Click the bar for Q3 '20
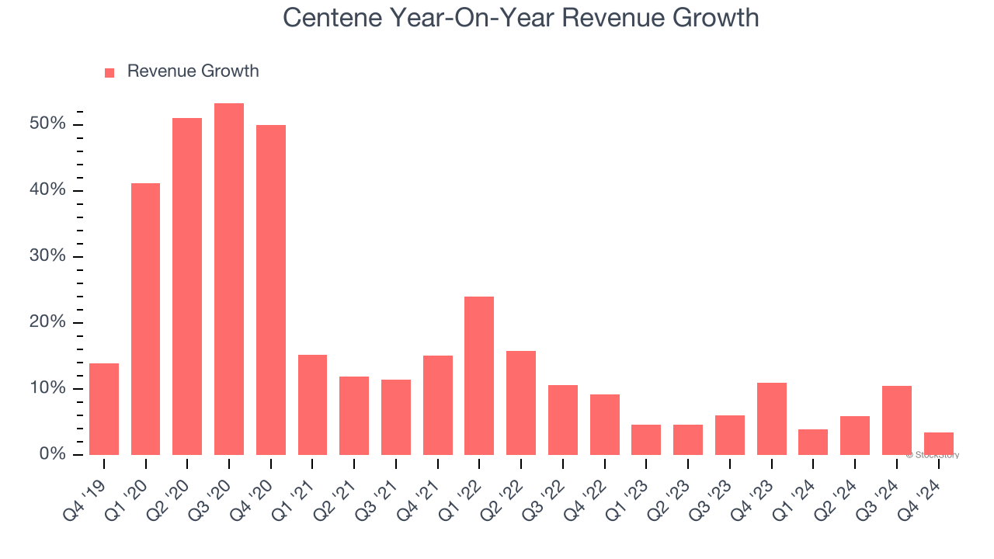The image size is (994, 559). tap(229, 279)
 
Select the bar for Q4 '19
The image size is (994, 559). tap(104, 409)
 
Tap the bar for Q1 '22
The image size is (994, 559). tap(479, 376)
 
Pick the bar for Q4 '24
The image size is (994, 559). tap(938, 443)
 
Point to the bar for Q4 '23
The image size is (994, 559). tap(771, 418)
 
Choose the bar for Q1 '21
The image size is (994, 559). tap(312, 404)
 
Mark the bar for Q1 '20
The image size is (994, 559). tap(146, 319)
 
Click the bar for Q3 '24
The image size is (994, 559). tap(897, 420)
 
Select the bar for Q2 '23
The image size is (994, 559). tap(688, 439)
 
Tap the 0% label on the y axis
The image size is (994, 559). tap(52, 454)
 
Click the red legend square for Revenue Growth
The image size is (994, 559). tap(109, 72)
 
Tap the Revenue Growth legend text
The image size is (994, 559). tap(193, 71)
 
